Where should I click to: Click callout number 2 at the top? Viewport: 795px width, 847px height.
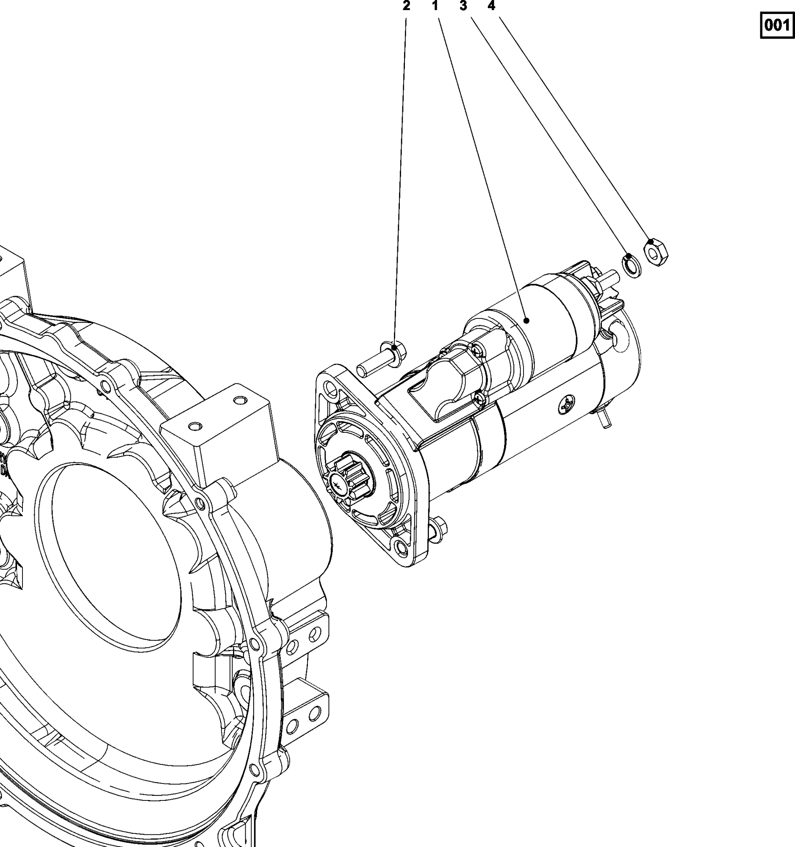click(406, 6)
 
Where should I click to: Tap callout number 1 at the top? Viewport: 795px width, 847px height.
click(435, 6)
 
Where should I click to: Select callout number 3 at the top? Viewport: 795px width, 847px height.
click(463, 6)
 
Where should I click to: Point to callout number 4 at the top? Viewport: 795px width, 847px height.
click(491, 6)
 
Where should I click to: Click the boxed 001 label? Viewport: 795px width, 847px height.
click(777, 25)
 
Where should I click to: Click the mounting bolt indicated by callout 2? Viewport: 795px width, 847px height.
click(382, 359)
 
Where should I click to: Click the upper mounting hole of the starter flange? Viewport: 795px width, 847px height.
click(330, 389)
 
